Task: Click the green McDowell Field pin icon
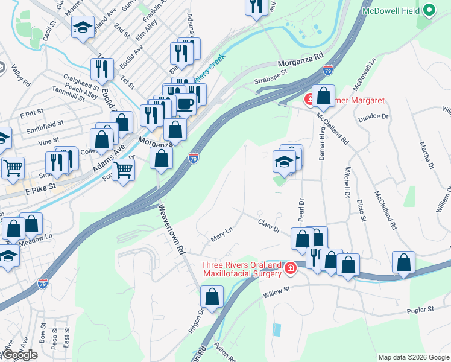click(429, 10)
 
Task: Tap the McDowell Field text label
click(391, 11)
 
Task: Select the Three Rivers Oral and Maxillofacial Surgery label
click(241, 269)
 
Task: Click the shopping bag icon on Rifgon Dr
click(212, 296)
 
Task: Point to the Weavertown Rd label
click(171, 231)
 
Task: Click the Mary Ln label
click(221, 235)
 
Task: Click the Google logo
click(20, 355)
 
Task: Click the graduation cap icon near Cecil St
click(83, 27)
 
